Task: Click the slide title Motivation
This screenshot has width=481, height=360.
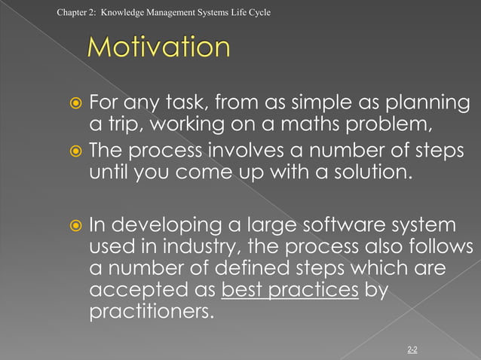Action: [x=158, y=48]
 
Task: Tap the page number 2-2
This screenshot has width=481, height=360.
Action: [x=412, y=349]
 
